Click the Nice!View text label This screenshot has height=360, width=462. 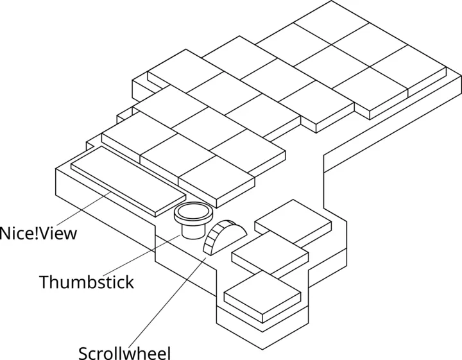click(x=38, y=232)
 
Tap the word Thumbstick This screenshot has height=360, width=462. click(x=86, y=282)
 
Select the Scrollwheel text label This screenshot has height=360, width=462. click(x=124, y=353)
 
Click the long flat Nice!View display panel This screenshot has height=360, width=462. click(x=128, y=180)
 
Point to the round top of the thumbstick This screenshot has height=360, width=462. click(x=193, y=212)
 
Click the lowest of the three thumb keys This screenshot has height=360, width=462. click(x=262, y=297)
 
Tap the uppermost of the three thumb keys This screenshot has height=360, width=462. click(x=294, y=221)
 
